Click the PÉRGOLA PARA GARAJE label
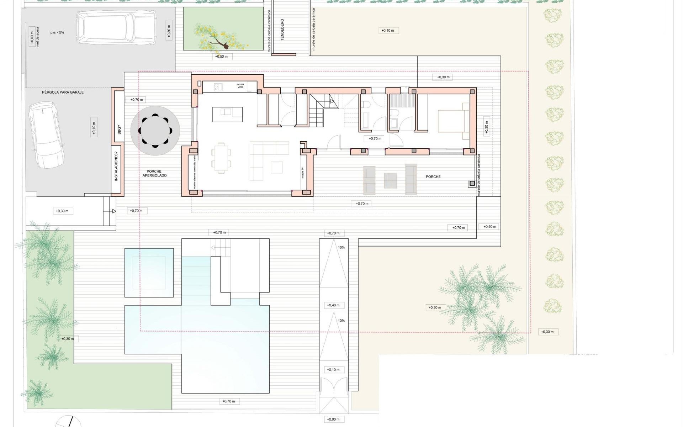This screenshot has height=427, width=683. [x=63, y=92]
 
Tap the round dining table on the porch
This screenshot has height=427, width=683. [x=155, y=130]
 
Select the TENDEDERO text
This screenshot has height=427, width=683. [x=282, y=30]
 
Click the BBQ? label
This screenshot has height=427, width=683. [x=119, y=130]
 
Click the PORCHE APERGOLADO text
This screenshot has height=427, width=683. [x=154, y=173]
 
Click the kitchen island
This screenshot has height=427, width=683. [x=227, y=114]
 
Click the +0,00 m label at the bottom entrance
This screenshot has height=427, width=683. [x=333, y=419]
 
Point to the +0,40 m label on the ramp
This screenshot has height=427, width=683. [x=333, y=305]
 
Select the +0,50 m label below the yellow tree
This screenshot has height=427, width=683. [x=222, y=57]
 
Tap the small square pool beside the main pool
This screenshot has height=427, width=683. [x=149, y=273]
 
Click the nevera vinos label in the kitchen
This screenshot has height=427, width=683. [x=241, y=86]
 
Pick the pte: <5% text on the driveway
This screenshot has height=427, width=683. [x=57, y=32]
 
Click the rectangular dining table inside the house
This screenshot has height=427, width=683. [x=221, y=158]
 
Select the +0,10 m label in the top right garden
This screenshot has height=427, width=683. [x=388, y=31]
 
